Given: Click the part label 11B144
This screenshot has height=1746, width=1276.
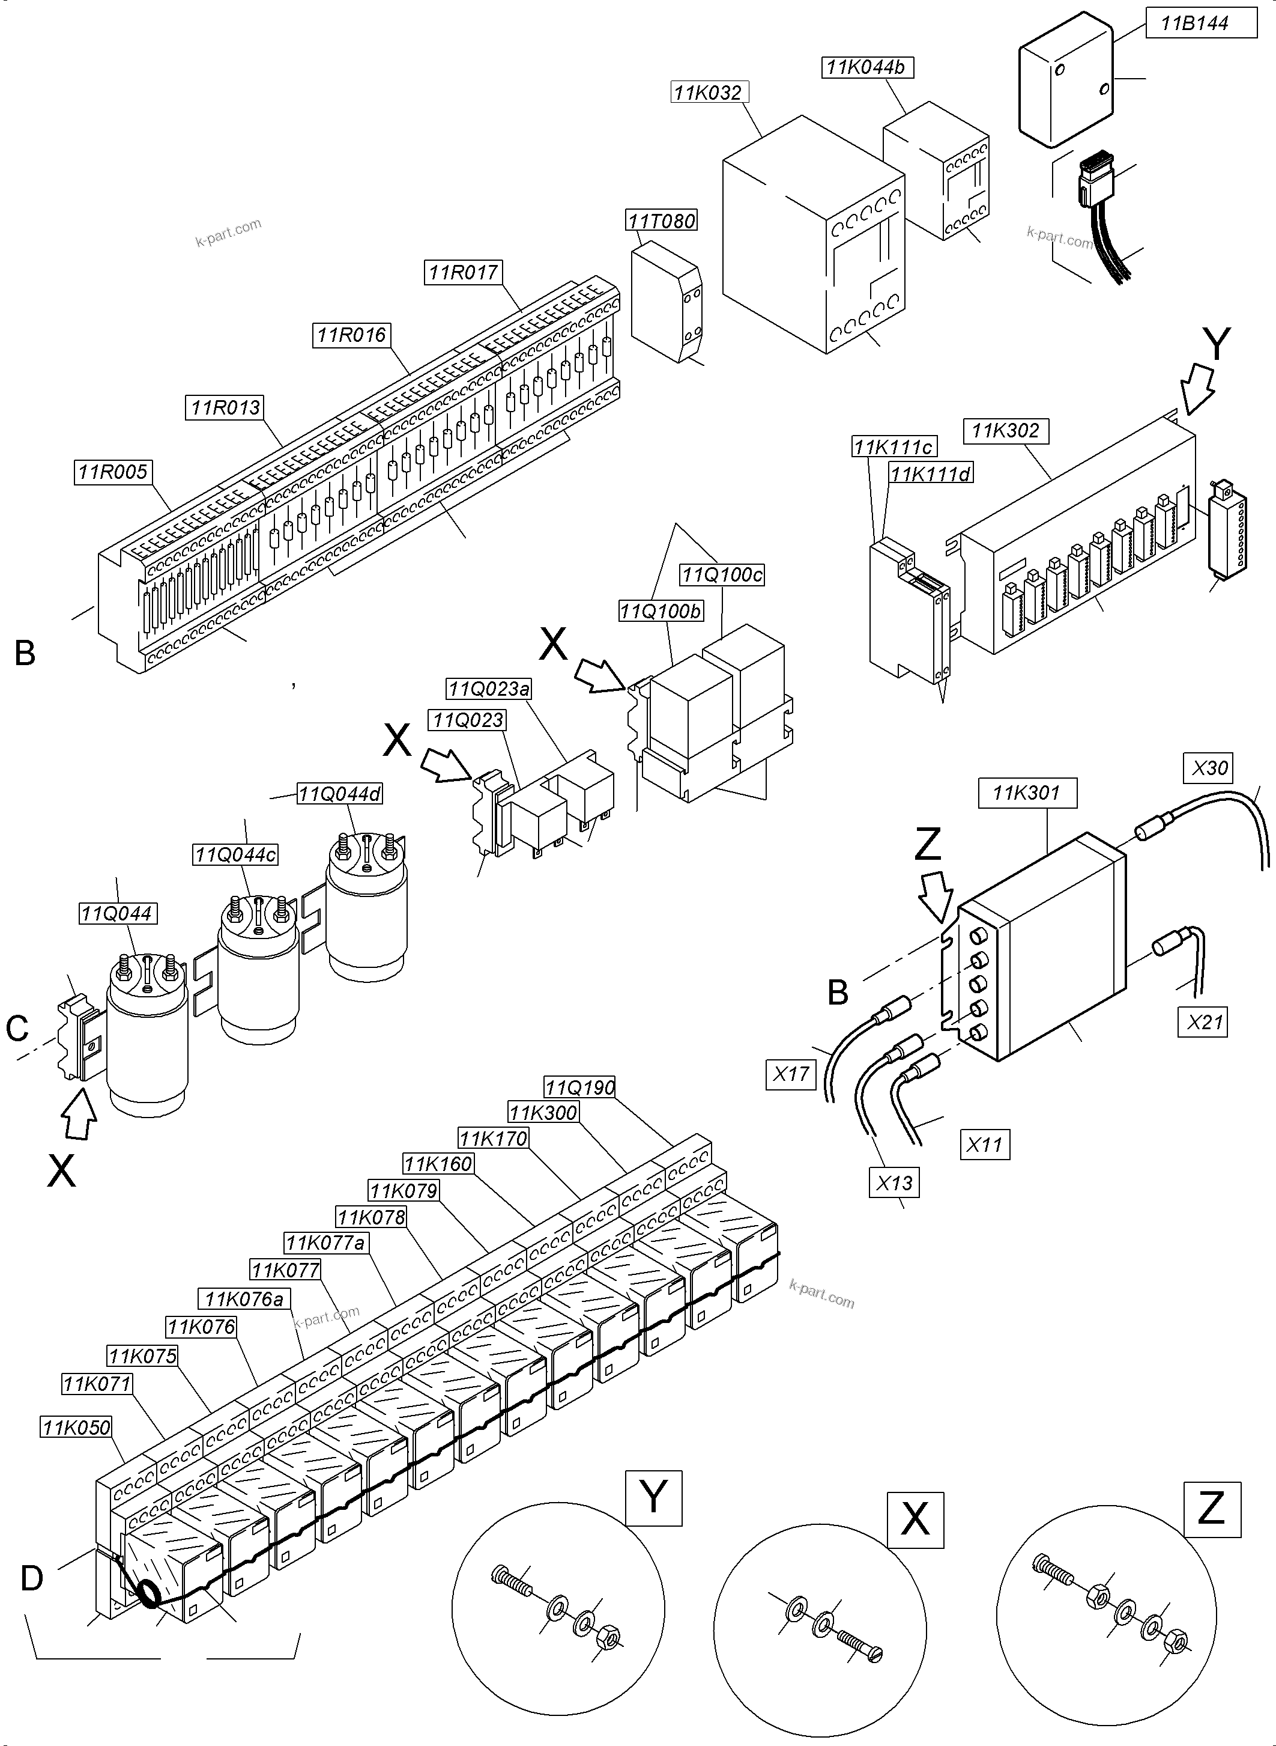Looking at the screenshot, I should click(x=1195, y=23).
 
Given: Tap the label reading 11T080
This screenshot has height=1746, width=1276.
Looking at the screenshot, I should click(x=661, y=221).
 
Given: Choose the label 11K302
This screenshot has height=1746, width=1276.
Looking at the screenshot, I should click(x=1006, y=431).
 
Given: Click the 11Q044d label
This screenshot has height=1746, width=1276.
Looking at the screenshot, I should click(x=340, y=794).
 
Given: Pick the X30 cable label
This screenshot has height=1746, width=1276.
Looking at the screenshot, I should click(x=1209, y=767).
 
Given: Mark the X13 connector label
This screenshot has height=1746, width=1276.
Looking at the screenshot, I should click(x=895, y=1182).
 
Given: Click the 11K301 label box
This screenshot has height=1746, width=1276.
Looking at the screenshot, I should click(x=1027, y=792).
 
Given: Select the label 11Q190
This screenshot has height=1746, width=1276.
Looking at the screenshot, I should click(x=579, y=1087).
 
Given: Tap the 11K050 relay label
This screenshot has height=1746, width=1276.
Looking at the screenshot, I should click(x=76, y=1427).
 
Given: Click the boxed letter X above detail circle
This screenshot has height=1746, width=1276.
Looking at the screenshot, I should click(x=915, y=1520).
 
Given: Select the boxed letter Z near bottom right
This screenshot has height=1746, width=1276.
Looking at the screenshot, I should click(x=1212, y=1508).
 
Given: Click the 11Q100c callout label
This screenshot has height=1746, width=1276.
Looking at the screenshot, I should click(x=721, y=574).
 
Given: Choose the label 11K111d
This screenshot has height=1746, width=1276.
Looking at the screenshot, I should click(x=931, y=474).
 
